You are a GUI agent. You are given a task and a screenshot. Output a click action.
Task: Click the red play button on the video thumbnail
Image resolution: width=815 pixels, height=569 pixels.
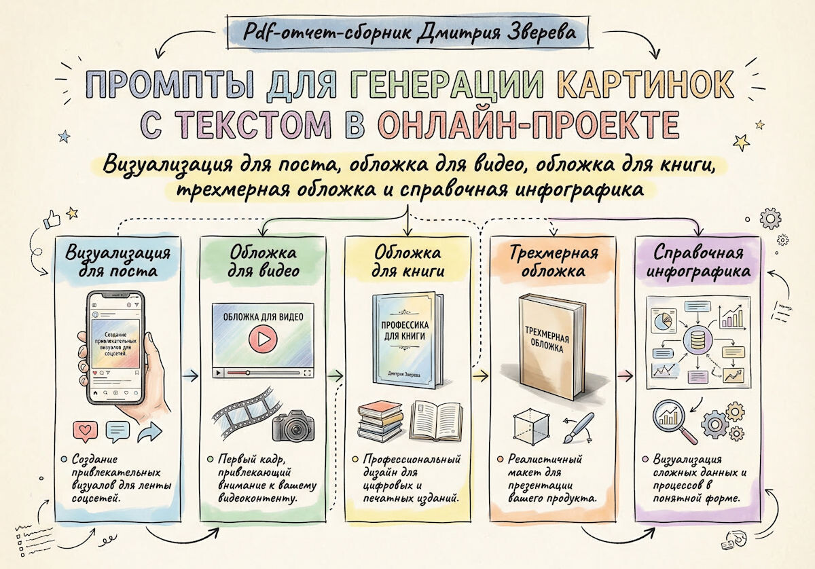point(263,339)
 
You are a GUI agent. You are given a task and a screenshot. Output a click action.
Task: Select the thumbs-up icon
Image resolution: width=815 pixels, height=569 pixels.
point(52,219)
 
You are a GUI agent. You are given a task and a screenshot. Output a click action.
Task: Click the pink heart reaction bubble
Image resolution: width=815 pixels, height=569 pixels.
point(86,431)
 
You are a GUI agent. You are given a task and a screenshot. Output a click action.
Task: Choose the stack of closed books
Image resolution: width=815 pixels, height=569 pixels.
point(380,421)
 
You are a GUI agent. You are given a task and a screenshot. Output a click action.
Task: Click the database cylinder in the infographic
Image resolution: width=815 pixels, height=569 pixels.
point(698,339)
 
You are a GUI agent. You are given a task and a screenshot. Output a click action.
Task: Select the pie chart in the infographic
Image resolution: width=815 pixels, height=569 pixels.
point(664,321)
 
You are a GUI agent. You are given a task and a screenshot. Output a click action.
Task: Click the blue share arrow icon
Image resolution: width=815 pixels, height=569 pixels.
point(150,431)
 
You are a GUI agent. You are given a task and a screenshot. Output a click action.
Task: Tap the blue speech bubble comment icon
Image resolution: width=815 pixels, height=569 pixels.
point(118,431)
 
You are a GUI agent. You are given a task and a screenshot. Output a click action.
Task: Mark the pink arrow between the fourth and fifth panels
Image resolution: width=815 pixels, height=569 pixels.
point(625,375)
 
